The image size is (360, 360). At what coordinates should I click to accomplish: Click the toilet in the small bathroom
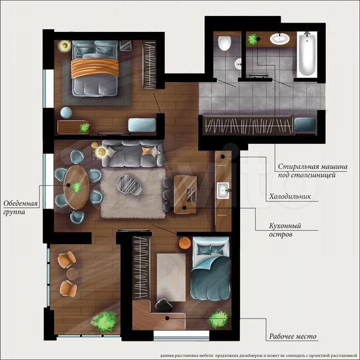click(x=224, y=44)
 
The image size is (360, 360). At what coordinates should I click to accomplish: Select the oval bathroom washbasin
click(x=279, y=39)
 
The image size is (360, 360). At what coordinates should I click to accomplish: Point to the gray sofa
click(x=131, y=154)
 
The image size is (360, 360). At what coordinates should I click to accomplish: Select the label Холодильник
click(x=293, y=197)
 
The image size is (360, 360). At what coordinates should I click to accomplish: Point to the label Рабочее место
click(x=293, y=337)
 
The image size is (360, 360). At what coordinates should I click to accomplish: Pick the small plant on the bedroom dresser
click(x=84, y=127)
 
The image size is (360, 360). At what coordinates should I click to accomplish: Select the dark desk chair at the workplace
click(x=165, y=305)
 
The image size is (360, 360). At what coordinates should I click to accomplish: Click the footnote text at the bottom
click(x=253, y=355)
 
